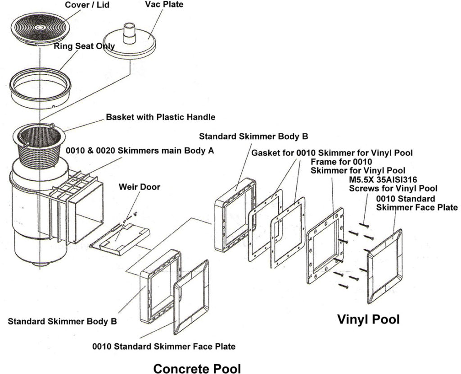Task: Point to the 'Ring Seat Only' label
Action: (x=84, y=46)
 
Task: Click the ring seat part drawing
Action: (x=41, y=86)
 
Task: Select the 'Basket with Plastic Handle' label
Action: (x=160, y=117)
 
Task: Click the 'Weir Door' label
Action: (x=139, y=187)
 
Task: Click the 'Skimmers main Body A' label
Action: (x=140, y=151)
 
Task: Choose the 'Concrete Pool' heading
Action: (x=197, y=368)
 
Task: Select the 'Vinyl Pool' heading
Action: (x=368, y=319)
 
